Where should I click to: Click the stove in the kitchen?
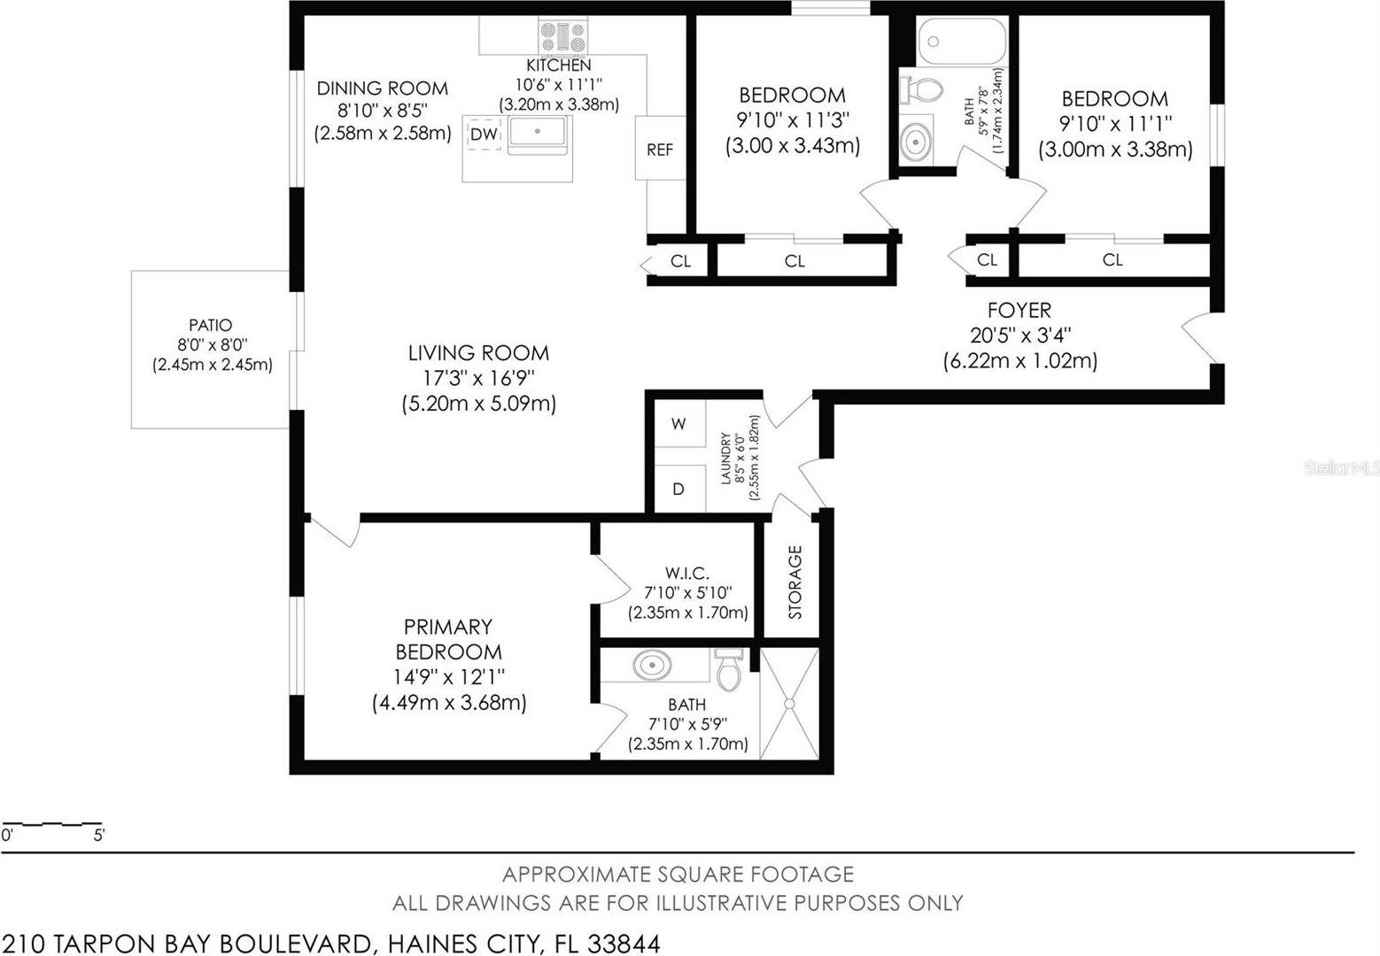(x=563, y=38)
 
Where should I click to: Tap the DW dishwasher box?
(x=484, y=135)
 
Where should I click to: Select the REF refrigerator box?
(x=660, y=150)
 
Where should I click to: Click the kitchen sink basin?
(x=537, y=134)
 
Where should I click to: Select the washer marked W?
(x=678, y=424)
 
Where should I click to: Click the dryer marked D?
(x=678, y=489)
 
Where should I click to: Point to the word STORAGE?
(x=795, y=582)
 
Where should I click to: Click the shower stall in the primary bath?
(x=788, y=704)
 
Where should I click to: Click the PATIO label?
(x=211, y=325)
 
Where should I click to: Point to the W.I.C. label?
(x=687, y=573)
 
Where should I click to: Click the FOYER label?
(x=1019, y=311)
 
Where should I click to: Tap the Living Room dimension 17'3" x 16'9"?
(x=478, y=378)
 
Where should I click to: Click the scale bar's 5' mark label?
(x=99, y=836)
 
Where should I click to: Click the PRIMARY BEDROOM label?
(x=448, y=639)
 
